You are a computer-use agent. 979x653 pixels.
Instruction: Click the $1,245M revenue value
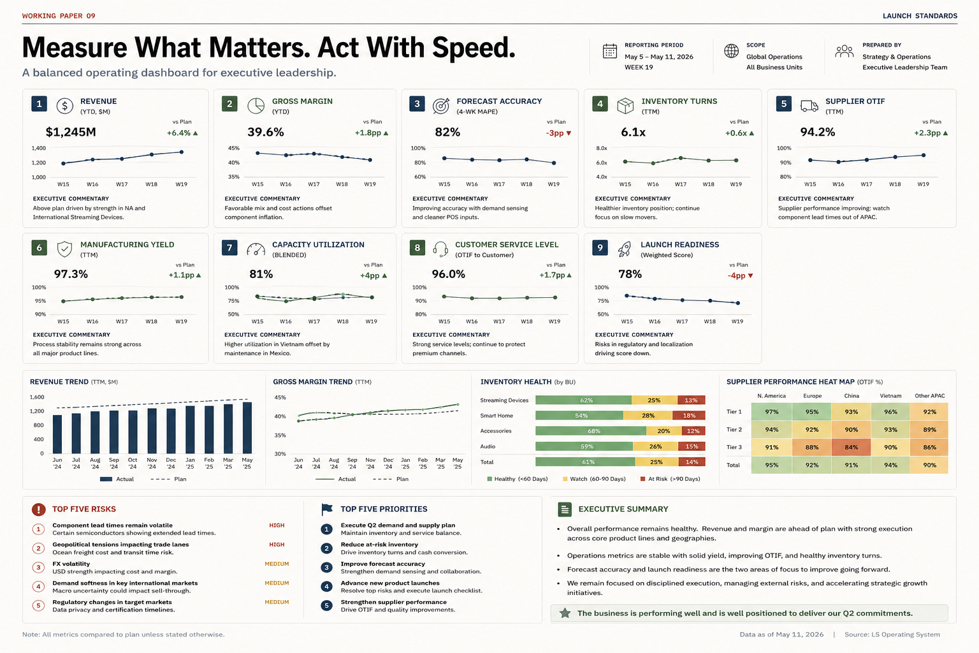tap(71, 132)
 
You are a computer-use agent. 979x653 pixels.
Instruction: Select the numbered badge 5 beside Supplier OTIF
tap(783, 104)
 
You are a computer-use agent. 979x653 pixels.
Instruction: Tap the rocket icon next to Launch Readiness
tap(625, 249)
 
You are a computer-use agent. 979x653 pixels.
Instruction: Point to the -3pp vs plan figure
tap(555, 133)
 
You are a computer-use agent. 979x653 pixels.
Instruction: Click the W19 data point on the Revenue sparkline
tap(182, 152)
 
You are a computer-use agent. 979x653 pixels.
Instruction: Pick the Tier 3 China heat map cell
tap(851, 448)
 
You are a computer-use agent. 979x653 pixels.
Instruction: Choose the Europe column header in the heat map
tap(812, 396)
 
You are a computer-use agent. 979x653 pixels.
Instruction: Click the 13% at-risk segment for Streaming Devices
tap(691, 400)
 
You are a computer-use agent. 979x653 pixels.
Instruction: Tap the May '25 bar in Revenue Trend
tap(247, 428)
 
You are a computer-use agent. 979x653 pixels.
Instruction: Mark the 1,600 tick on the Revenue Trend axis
tap(37, 397)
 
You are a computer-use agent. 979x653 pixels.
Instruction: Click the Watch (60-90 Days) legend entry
tap(594, 479)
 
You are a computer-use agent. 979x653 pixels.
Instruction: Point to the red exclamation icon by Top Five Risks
tap(38, 509)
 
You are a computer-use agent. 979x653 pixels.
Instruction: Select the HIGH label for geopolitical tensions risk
tap(277, 545)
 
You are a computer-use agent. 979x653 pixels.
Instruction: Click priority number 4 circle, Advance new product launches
tap(326, 587)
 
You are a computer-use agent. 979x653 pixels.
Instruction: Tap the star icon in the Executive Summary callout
tap(565, 613)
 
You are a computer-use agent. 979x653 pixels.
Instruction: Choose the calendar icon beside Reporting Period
tap(610, 51)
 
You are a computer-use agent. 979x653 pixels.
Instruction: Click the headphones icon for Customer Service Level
tap(440, 249)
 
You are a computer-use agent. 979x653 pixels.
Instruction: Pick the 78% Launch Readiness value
tap(630, 274)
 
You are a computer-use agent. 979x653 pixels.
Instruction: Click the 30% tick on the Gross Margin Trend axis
tap(280, 454)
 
